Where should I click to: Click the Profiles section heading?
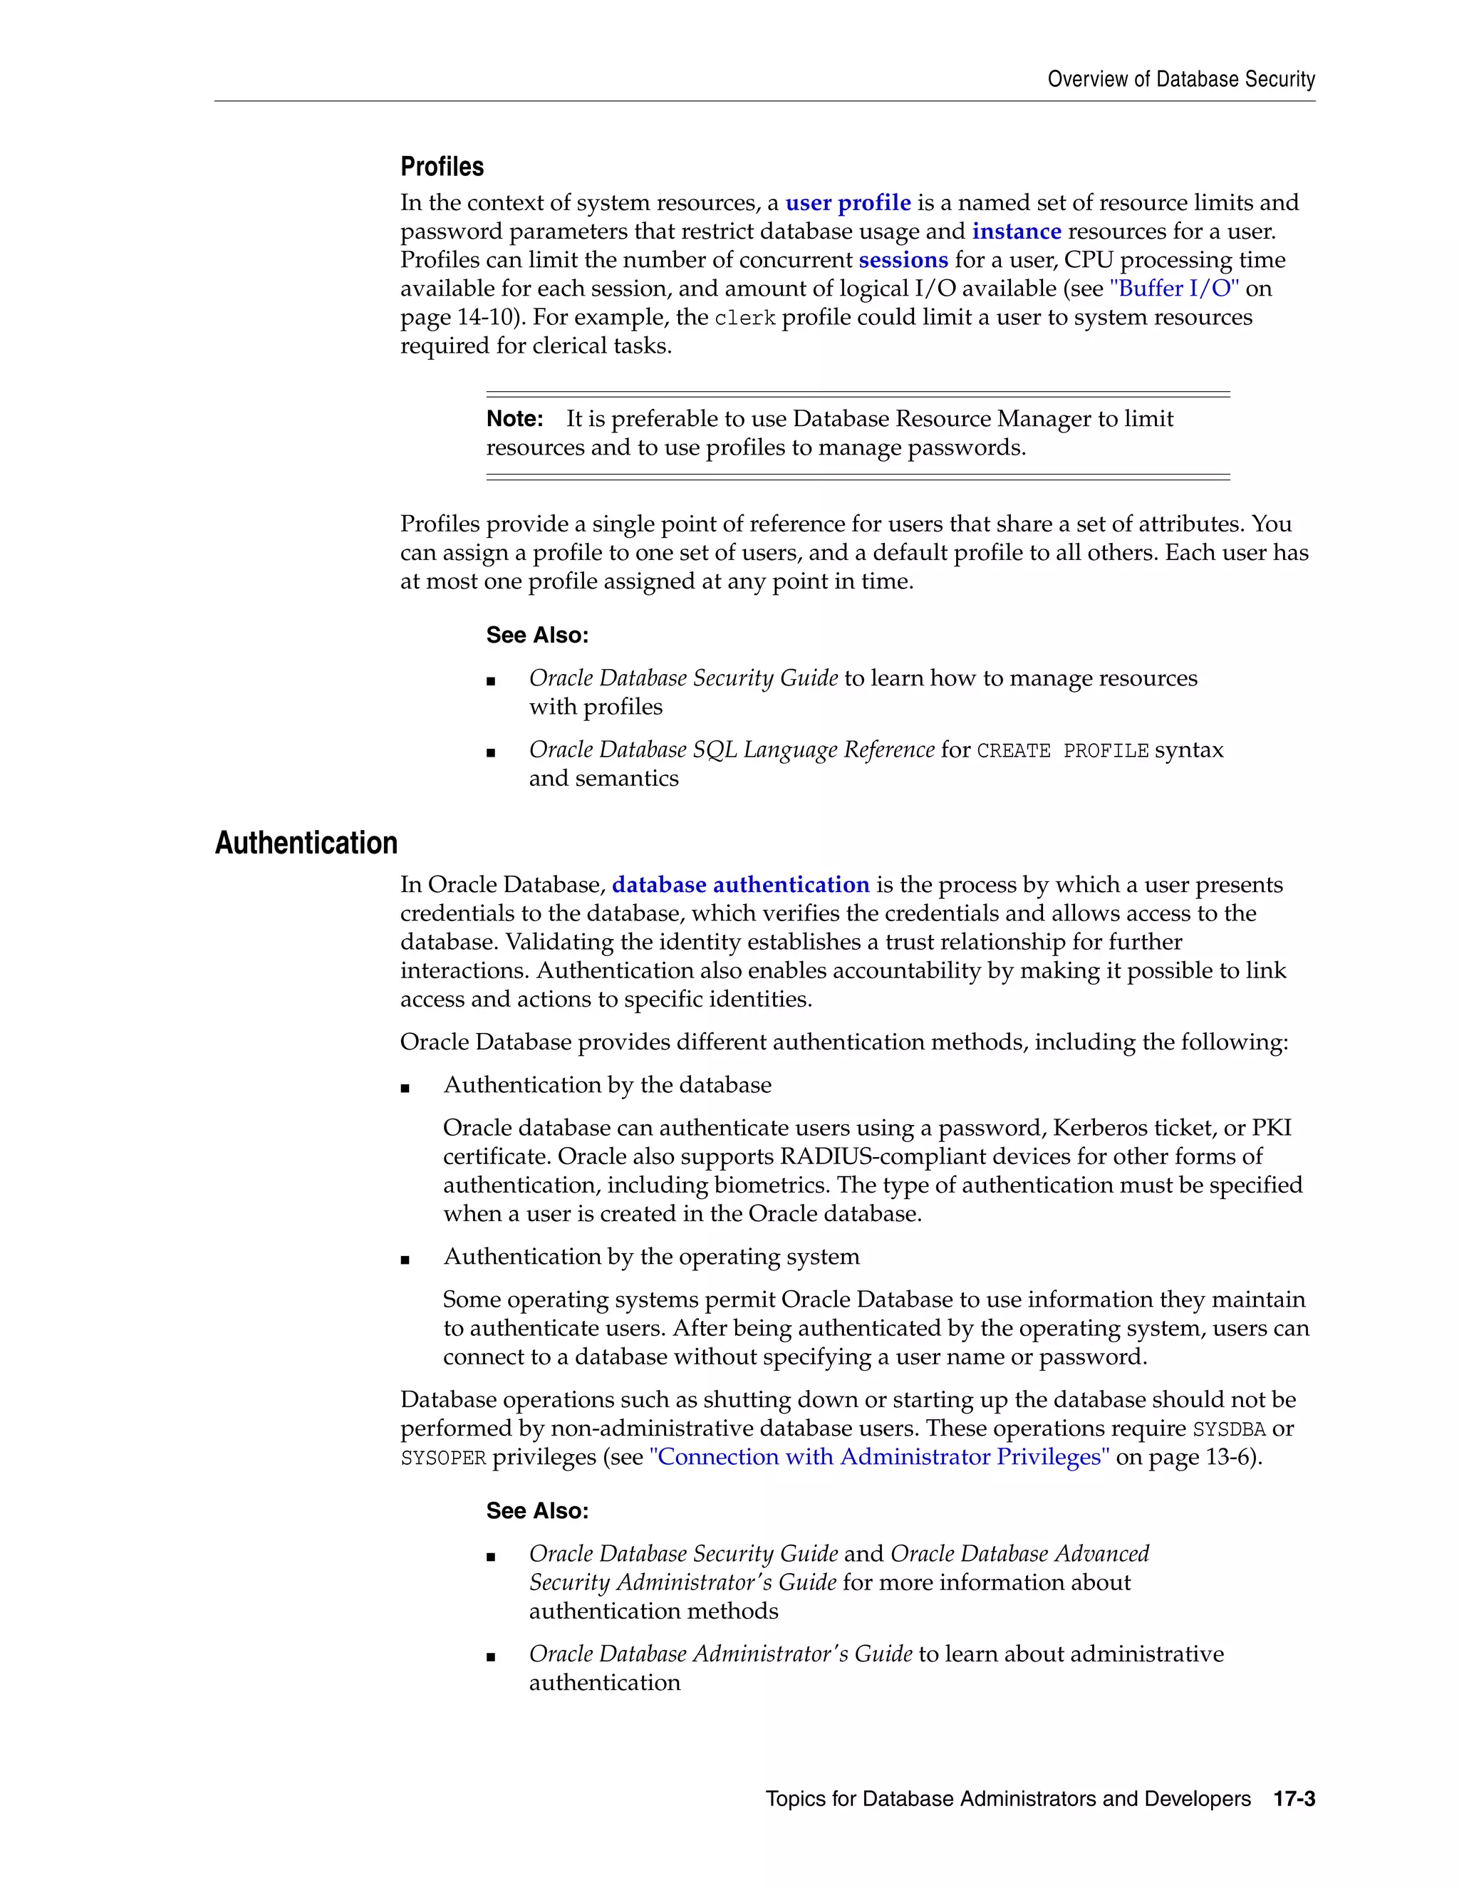442,167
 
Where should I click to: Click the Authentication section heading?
306,843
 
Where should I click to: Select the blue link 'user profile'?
847,203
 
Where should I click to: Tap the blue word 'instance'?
1017,232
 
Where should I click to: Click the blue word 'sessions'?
903,260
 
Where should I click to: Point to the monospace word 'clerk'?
745,318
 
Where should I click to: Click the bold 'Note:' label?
514,419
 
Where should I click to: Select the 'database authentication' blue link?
740,885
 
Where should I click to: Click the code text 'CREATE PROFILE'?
1062,750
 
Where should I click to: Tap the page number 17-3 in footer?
1294,1799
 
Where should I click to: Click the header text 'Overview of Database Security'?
1180,80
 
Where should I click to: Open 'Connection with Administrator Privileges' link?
879,1458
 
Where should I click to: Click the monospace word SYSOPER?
443,1458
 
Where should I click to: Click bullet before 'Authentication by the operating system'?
405,1260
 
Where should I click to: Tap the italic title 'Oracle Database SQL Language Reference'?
731,750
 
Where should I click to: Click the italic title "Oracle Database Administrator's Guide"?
720,1654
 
